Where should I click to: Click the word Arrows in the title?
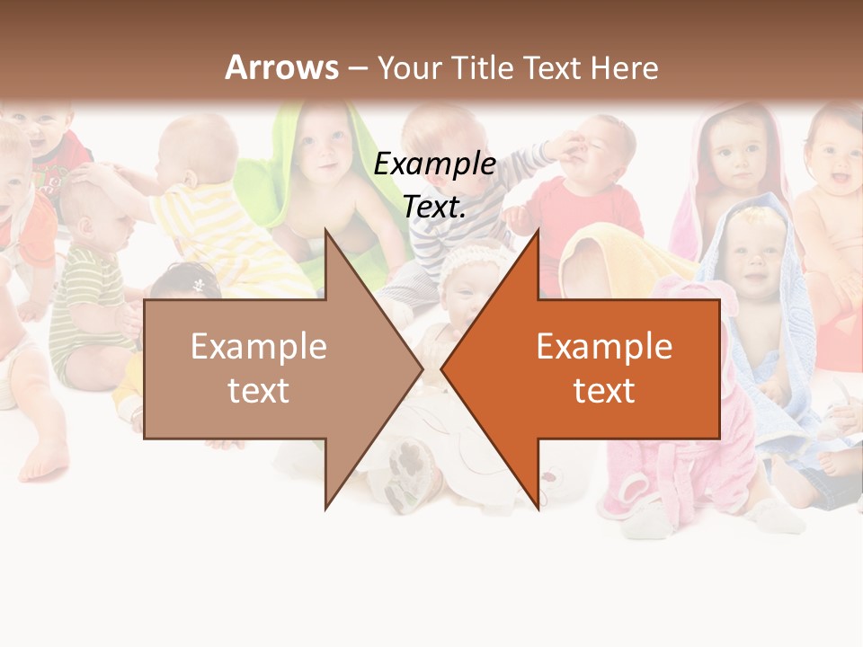pos(281,67)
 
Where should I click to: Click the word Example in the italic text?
pos(435,164)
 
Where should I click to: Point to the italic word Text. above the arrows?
pos(435,207)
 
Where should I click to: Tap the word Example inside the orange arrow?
pos(604,347)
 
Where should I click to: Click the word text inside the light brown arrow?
pos(258,391)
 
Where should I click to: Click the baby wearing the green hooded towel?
pos(319,162)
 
